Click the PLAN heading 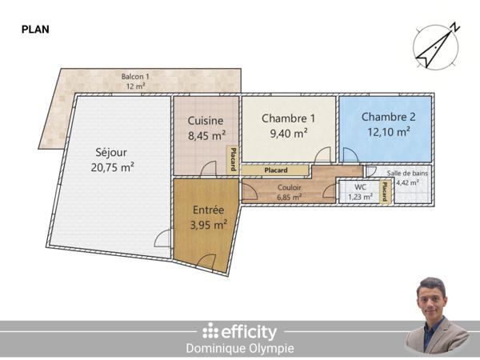click(34, 29)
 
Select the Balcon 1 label click(135, 77)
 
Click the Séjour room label click(111, 152)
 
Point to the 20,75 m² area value click(111, 167)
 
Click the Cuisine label click(206, 121)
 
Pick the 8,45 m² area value click(206, 135)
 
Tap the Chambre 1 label click(289, 118)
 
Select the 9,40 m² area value click(289, 133)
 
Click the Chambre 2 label click(388, 116)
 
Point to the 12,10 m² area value click(388, 130)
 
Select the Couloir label click(289, 188)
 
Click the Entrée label click(208, 211)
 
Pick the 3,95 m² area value click(208, 226)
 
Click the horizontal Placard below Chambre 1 click(276, 170)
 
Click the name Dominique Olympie click(240, 349)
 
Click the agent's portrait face click(433, 298)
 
